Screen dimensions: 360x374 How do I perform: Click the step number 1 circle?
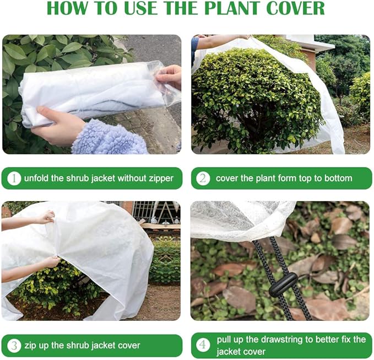pos(14,178)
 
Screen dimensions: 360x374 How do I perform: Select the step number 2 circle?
pos(203,178)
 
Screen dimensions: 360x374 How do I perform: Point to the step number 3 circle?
pos(14,346)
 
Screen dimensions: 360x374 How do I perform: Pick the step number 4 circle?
pos(203,346)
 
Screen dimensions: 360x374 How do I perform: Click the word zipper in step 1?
pos(160,178)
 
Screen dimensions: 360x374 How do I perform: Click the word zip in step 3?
pos(30,346)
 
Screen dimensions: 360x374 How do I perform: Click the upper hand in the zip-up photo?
pos(44,217)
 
